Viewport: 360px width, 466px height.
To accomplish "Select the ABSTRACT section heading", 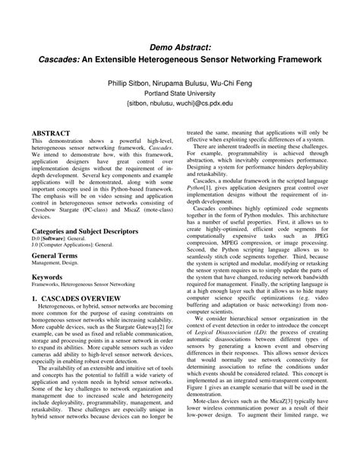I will [50, 132].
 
